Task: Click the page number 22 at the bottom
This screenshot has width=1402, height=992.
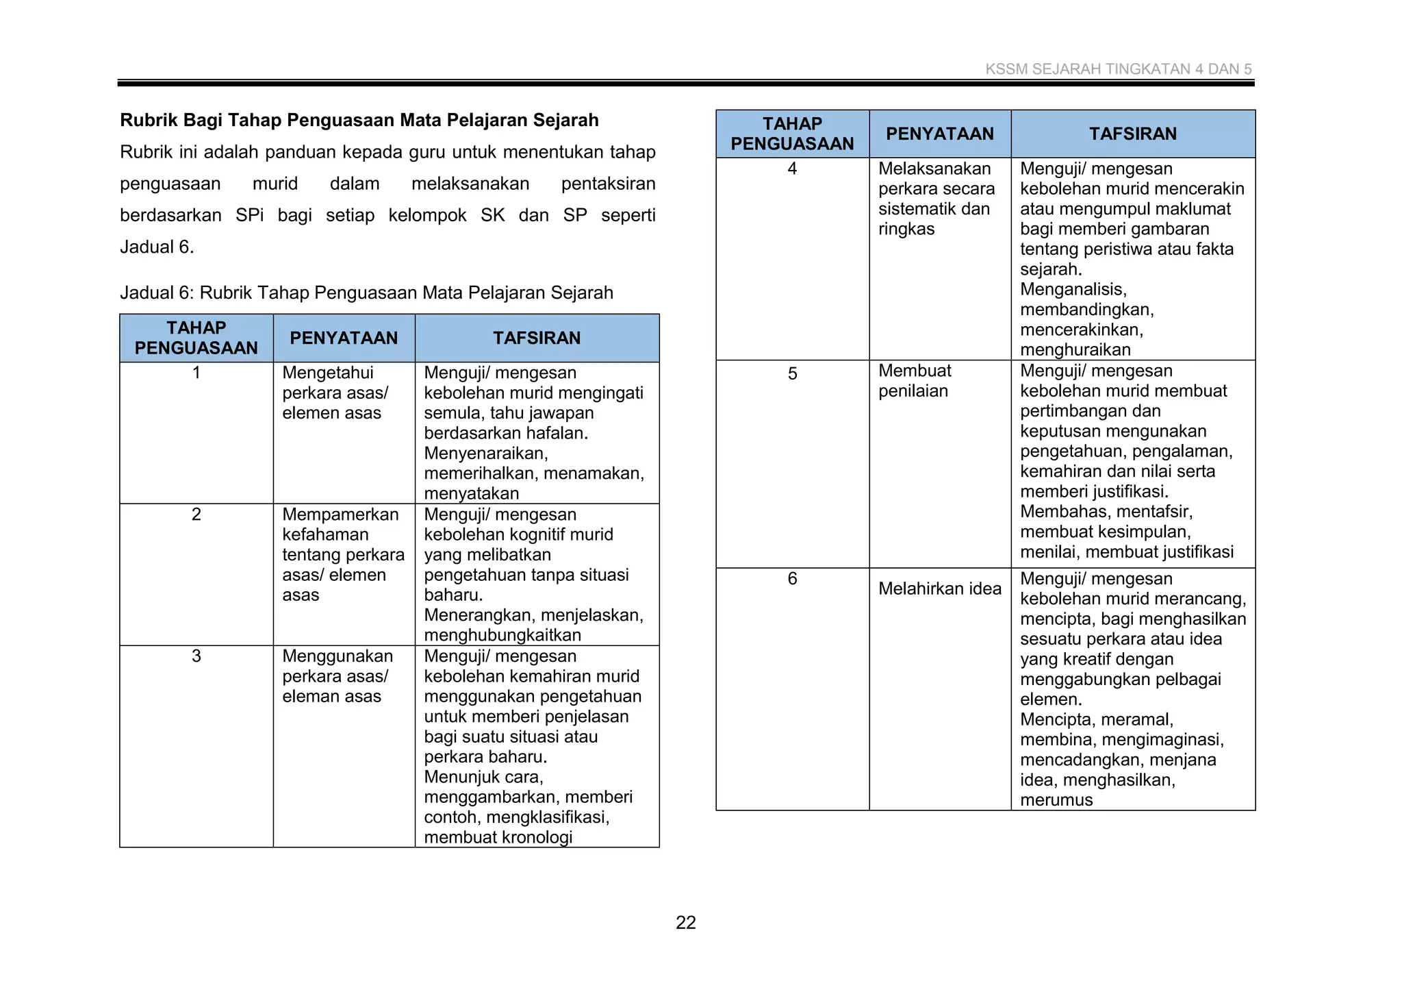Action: pos(685,922)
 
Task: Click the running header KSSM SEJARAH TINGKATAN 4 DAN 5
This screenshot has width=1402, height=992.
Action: pos(1118,69)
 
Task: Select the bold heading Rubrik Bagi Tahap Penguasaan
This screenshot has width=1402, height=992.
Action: pos(359,120)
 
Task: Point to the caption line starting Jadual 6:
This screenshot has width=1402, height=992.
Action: pos(366,293)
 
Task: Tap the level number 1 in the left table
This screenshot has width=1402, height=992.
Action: pos(196,373)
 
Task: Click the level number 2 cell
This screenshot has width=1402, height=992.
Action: pos(196,514)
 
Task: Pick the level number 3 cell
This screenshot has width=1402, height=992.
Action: pos(196,656)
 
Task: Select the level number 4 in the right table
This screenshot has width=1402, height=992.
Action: pos(792,169)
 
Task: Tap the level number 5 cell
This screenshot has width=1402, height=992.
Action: pos(792,374)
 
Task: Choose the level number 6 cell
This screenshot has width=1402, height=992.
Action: pos(792,579)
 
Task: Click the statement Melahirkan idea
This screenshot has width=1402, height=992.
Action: pos(939,588)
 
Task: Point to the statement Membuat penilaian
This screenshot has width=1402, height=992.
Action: pos(915,381)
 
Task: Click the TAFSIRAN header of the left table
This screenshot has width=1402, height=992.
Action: pos(537,338)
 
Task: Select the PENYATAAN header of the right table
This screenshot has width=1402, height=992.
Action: pos(939,134)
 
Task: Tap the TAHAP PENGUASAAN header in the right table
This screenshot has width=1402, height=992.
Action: pos(792,134)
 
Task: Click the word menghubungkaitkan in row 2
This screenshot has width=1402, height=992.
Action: pos(502,635)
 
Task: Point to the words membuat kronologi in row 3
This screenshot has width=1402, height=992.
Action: pos(498,837)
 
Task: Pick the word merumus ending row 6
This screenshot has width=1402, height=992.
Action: pos(1056,800)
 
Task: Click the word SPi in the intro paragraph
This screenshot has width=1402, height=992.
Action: pos(249,215)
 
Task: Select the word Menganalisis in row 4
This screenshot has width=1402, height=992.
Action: pos(1073,289)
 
